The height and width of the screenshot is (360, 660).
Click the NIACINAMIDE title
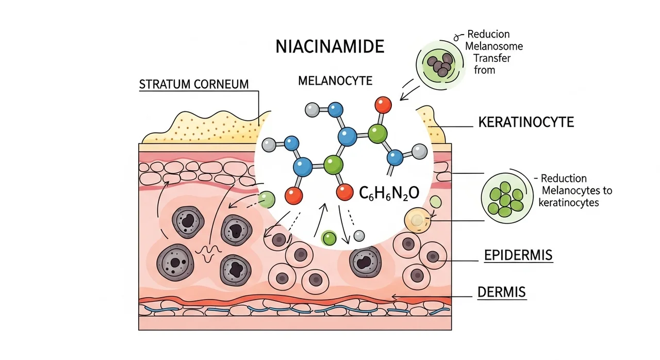click(x=330, y=46)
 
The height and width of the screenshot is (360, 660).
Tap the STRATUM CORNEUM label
click(x=194, y=84)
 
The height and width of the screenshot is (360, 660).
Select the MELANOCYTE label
click(x=335, y=80)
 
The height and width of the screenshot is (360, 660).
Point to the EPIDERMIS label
click(x=519, y=255)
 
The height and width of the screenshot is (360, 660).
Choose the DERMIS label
click(x=502, y=292)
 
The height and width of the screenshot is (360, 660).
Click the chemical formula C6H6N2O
click(x=389, y=193)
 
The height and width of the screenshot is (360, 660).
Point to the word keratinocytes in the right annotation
click(x=568, y=202)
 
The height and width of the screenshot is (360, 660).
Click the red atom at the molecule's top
click(x=383, y=105)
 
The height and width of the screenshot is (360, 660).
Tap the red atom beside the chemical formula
click(x=344, y=192)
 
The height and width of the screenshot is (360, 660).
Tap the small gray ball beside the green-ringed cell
click(x=359, y=236)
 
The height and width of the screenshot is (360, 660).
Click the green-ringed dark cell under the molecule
click(x=328, y=238)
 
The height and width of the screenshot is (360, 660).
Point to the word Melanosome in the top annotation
click(x=494, y=46)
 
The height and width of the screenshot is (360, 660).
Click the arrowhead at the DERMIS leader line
click(x=394, y=297)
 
